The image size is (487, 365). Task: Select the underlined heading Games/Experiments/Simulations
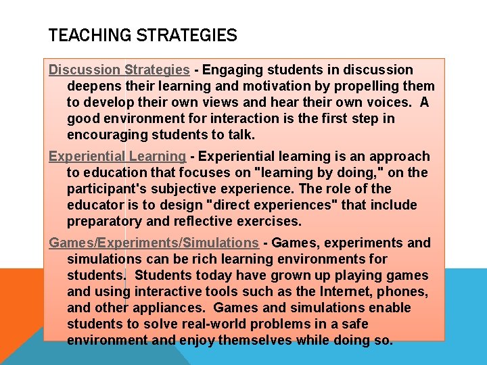tap(154, 243)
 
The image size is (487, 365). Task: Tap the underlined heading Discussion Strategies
tap(119, 70)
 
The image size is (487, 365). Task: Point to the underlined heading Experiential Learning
tap(117, 156)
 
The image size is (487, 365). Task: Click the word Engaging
tap(230, 70)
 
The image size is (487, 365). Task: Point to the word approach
tap(401, 156)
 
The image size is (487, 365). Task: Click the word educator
tap(95, 205)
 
